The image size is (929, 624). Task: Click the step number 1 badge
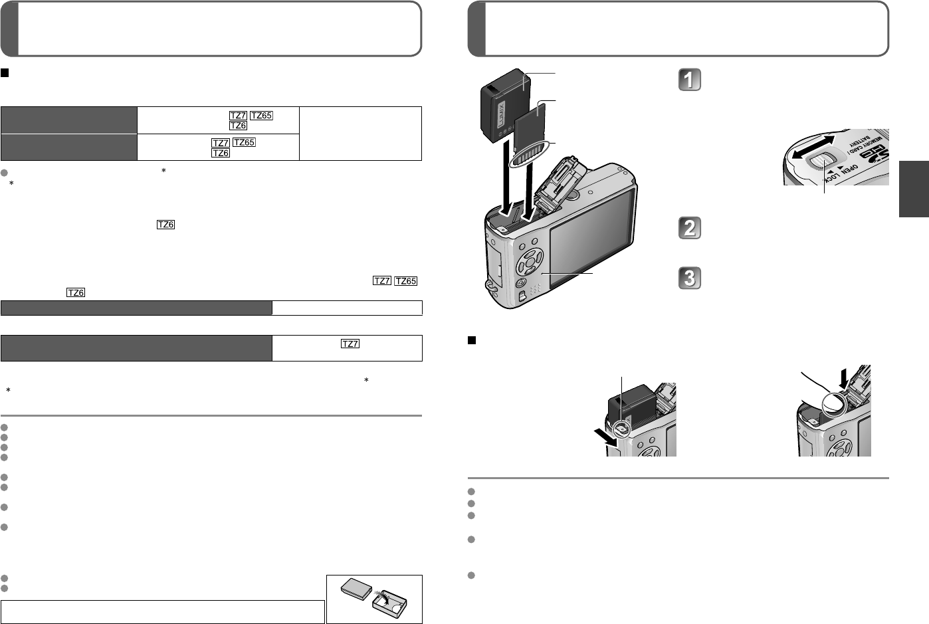pyautogui.click(x=689, y=80)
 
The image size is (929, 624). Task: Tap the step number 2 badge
pyautogui.click(x=689, y=228)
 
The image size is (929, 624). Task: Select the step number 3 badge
pyautogui.click(x=689, y=278)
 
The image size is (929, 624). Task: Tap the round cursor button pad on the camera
pyautogui.click(x=530, y=262)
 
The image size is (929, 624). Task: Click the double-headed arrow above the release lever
pyautogui.click(x=813, y=147)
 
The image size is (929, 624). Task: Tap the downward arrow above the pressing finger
pyautogui.click(x=844, y=380)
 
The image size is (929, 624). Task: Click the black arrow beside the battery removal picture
pyautogui.click(x=606, y=437)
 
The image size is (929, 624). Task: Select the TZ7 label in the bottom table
pyautogui.click(x=350, y=344)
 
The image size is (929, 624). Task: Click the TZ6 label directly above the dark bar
pyautogui.click(x=76, y=292)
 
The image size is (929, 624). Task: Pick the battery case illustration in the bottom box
pyautogui.click(x=374, y=597)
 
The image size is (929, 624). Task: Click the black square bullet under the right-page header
pyautogui.click(x=472, y=340)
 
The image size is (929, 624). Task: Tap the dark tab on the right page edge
pyautogui.click(x=914, y=189)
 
